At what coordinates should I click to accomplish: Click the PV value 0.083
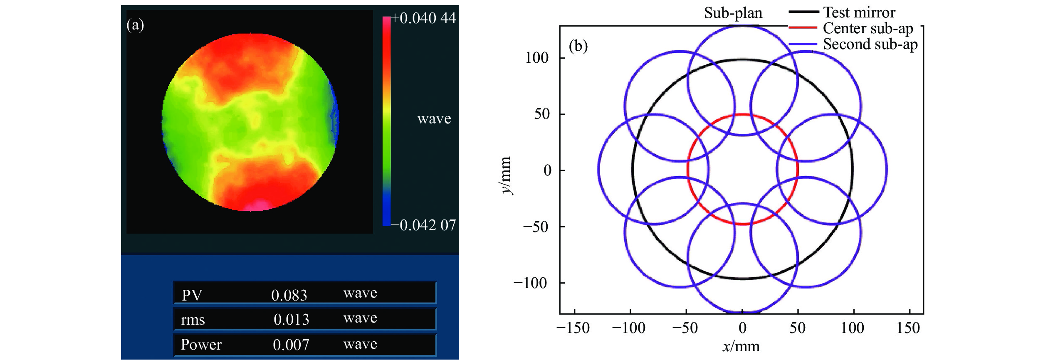coord(289,295)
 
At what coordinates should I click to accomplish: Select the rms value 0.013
coord(291,319)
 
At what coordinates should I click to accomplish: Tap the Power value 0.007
coord(291,345)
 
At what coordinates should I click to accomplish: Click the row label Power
coord(201,345)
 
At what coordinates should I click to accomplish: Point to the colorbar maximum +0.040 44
coord(423,18)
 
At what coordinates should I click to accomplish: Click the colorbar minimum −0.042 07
coord(423,225)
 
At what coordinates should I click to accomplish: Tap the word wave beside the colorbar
coord(434,119)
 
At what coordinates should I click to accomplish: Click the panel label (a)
coord(135,25)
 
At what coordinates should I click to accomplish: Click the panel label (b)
coord(578,46)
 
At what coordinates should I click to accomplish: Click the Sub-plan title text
coord(733,13)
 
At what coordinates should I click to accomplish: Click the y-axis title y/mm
coord(505,175)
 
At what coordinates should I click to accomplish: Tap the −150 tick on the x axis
coord(573,328)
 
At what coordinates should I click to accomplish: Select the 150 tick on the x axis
coord(908,328)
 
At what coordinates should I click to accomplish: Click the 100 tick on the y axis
coord(536,58)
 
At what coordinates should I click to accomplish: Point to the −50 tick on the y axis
coord(534,227)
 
